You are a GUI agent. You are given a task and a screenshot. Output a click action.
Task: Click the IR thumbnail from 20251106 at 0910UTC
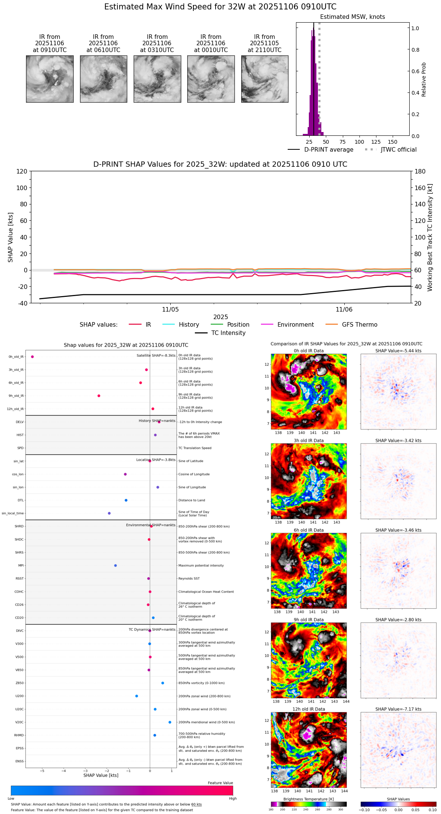point(49,79)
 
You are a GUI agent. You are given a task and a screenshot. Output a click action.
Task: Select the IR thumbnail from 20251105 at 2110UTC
point(265,79)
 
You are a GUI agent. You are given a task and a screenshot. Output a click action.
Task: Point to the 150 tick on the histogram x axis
point(393,142)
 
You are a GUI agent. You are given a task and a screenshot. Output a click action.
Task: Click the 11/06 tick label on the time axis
point(344,310)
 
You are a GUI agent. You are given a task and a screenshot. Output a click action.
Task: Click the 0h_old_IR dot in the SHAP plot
point(32,357)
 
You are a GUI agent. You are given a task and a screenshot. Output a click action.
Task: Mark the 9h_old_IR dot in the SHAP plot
point(99,396)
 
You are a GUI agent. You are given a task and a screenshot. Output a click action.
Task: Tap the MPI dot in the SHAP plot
point(116,565)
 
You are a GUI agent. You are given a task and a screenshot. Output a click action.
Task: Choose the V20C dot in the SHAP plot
point(170,722)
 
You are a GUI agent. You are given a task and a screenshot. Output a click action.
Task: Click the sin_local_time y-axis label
point(13,513)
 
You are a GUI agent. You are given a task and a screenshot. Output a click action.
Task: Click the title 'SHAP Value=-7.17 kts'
point(398,709)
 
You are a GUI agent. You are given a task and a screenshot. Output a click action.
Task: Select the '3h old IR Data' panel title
point(308,441)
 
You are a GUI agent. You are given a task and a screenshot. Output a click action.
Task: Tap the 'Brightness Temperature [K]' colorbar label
point(308,799)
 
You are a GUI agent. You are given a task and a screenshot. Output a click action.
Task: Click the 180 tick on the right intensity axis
point(420,172)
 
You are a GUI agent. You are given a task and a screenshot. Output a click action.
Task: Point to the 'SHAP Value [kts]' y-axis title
point(11,237)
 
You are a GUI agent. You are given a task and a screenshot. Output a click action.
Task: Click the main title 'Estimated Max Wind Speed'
point(220,7)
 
